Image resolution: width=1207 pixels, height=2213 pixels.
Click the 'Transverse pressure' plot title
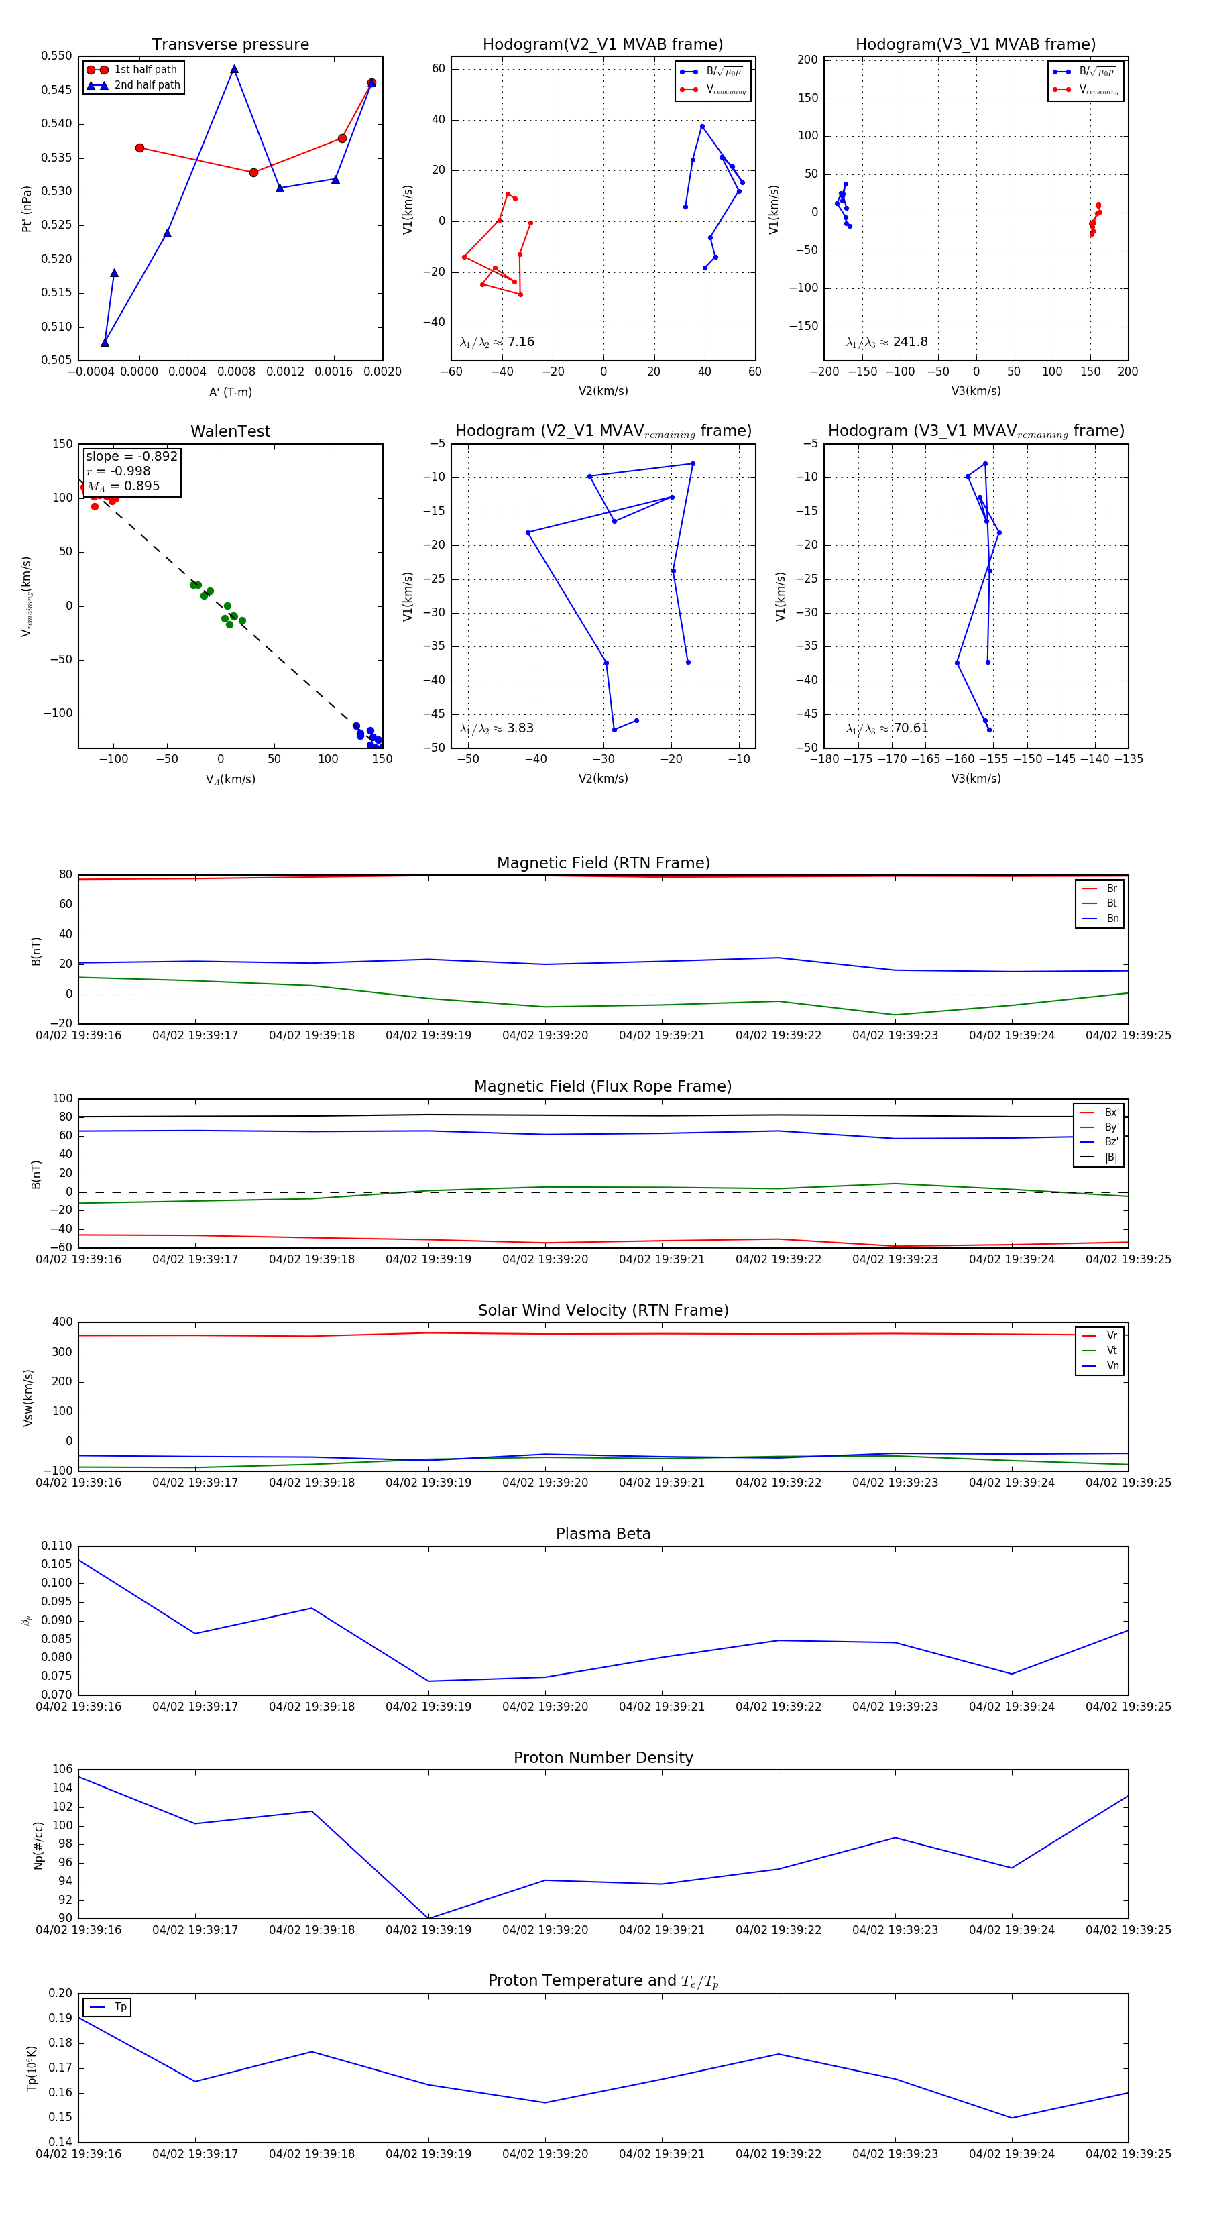click(230, 45)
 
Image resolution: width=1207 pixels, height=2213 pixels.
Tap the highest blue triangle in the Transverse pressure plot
click(233, 70)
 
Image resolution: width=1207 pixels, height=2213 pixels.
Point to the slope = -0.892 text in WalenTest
click(131, 456)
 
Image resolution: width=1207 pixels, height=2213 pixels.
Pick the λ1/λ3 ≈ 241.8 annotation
click(886, 342)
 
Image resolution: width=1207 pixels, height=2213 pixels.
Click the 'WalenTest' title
click(230, 431)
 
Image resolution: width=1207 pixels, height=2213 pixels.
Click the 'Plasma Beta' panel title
click(603, 1534)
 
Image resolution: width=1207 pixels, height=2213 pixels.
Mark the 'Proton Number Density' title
click(603, 1758)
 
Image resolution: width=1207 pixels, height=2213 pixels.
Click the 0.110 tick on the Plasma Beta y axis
click(58, 1546)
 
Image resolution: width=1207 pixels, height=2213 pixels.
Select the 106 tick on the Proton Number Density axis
click(63, 1770)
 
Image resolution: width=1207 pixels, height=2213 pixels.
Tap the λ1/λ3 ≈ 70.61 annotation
click(886, 728)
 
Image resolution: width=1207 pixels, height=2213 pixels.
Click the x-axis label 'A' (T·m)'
click(230, 392)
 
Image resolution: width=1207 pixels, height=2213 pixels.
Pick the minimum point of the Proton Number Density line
click(428, 1917)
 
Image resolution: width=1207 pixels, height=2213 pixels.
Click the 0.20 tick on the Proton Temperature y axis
click(60, 1993)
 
